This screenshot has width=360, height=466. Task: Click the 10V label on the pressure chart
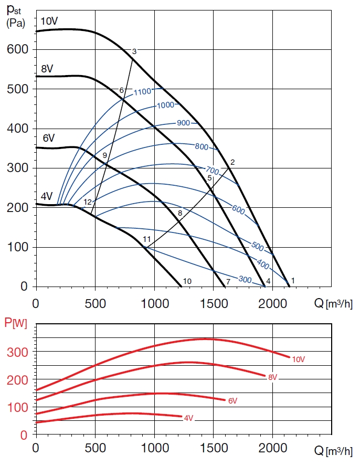49,22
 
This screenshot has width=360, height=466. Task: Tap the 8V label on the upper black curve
47,69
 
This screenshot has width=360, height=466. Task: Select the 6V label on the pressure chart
49,138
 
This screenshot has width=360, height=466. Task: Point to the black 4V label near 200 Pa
47,196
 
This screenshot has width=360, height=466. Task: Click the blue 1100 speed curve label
142,92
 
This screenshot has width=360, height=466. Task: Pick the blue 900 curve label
183,123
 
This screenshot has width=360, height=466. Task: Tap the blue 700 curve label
212,171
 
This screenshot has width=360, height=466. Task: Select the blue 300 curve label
245,279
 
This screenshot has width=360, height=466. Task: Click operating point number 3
134,51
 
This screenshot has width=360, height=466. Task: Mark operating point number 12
88,202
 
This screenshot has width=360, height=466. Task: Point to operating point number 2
232,162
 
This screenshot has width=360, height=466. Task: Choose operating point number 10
187,281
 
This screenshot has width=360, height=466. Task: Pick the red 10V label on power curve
298,359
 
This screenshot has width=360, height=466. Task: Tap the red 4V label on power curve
188,418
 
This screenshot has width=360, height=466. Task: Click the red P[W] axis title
15,323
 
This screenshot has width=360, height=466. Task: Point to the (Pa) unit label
16,23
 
